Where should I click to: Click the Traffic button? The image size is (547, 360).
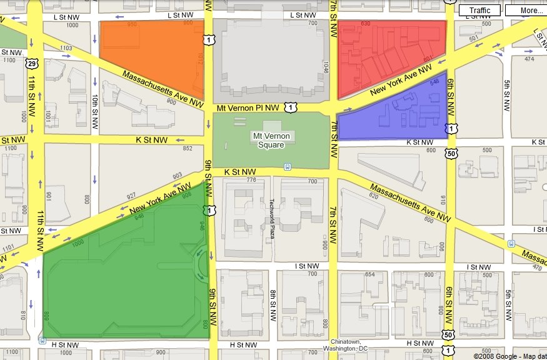479,11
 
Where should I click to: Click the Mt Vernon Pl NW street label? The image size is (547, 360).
248,108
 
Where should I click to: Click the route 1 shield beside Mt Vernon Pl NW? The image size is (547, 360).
291,107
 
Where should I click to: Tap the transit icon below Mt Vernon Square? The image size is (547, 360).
287,166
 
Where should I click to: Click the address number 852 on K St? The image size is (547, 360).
187,148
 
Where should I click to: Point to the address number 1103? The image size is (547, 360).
66,47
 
